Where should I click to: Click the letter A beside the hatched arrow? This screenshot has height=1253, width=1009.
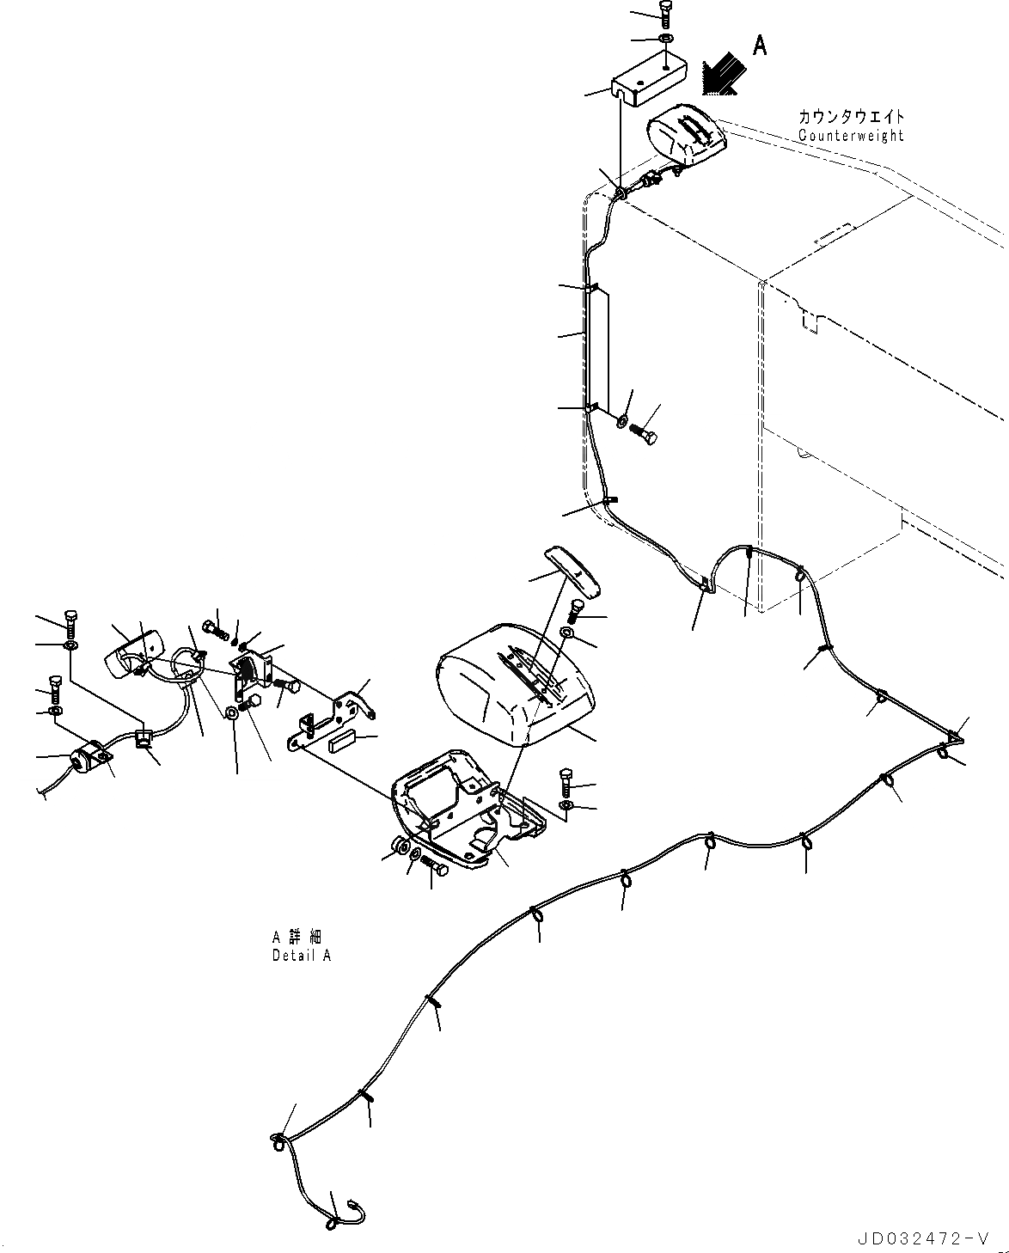pyautogui.click(x=760, y=46)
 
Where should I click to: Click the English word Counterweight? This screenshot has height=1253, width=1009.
pyautogui.click(x=851, y=135)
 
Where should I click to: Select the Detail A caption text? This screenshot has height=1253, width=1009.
pyautogui.click(x=301, y=955)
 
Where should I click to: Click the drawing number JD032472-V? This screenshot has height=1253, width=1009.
pyautogui.click(x=920, y=1238)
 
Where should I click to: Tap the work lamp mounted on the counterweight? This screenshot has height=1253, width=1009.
pyautogui.click(x=685, y=138)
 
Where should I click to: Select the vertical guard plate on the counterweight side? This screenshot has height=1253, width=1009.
pyautogui.click(x=598, y=348)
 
